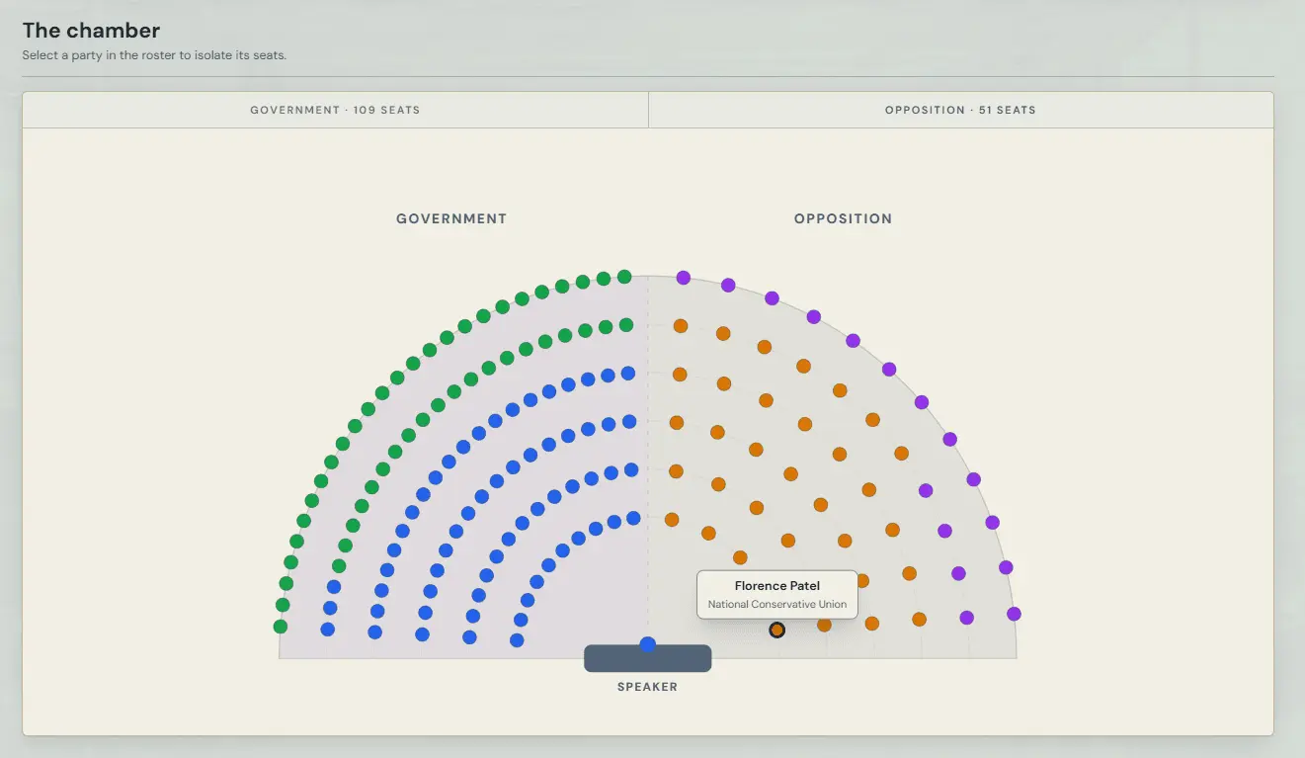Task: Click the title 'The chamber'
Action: (91, 31)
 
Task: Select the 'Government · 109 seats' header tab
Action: (335, 110)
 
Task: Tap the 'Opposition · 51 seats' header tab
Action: (960, 110)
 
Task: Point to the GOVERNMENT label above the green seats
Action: (451, 218)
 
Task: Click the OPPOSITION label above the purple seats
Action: (843, 218)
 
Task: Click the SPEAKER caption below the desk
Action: (647, 686)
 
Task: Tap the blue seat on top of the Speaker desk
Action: (647, 643)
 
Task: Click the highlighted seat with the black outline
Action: (776, 630)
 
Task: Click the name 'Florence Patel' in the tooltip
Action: (776, 585)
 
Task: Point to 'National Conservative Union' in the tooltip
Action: (776, 604)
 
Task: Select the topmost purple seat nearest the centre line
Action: (684, 278)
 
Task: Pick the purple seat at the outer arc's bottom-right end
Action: (1014, 614)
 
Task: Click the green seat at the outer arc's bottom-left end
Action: (281, 627)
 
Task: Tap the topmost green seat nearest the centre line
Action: (624, 276)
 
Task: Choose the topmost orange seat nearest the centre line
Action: (681, 326)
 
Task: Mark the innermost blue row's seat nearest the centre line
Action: (633, 518)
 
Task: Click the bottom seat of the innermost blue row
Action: (517, 640)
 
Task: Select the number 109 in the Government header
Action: (365, 110)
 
